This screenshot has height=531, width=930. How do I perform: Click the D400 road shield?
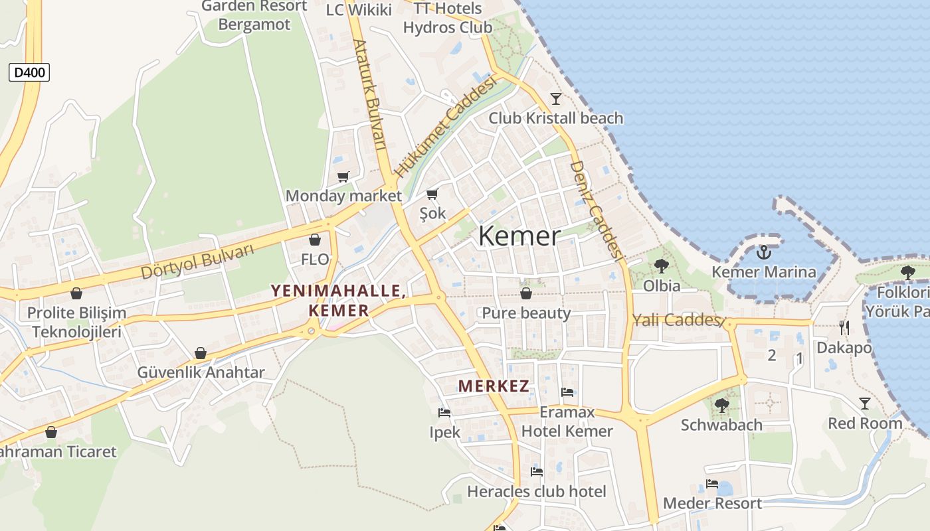(x=29, y=72)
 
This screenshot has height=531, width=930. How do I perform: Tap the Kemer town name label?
(x=519, y=236)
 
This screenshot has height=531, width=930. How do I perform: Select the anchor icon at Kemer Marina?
(x=763, y=252)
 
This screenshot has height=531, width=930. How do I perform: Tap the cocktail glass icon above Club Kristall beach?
(x=556, y=99)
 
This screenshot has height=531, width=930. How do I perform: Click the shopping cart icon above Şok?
(x=432, y=194)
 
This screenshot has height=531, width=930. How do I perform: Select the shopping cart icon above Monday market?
(x=343, y=177)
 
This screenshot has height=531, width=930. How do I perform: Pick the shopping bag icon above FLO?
(x=315, y=240)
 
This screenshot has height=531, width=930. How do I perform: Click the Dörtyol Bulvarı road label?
(x=198, y=262)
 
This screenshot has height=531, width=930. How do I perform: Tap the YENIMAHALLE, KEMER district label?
(x=338, y=300)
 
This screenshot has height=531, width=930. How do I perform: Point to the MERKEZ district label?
(x=494, y=386)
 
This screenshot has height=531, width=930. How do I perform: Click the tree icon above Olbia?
(x=661, y=266)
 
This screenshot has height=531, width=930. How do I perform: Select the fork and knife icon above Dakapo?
(x=844, y=327)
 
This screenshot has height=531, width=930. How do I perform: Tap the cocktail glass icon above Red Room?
(x=864, y=404)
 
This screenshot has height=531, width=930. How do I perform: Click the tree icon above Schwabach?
(x=721, y=405)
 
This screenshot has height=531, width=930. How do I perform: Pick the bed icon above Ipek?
(x=444, y=413)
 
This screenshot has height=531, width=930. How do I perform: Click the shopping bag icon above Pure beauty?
(x=526, y=293)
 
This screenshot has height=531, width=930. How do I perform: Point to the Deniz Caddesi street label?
(x=596, y=209)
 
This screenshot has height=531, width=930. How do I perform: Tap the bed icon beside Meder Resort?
(x=712, y=484)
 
